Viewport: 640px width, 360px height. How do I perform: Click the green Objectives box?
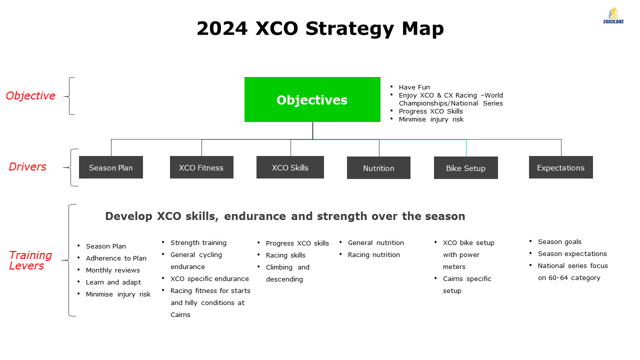click(312, 99)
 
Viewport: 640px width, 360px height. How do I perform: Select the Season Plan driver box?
click(111, 167)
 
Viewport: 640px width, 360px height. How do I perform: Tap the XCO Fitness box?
click(201, 167)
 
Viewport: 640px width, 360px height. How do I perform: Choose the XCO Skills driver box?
click(290, 167)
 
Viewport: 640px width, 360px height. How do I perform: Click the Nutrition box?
click(378, 168)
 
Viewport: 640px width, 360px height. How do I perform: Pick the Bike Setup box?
click(465, 168)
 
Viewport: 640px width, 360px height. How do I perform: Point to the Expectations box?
click(561, 167)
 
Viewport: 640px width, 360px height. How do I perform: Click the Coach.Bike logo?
click(613, 15)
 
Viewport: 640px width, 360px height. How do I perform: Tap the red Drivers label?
click(27, 167)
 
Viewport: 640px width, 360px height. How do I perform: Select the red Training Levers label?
click(30, 260)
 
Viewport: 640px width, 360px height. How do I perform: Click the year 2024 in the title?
click(222, 28)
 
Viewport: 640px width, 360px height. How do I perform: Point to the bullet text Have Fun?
click(414, 87)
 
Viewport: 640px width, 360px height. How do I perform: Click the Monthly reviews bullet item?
click(113, 270)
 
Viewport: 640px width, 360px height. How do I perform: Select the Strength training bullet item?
click(198, 243)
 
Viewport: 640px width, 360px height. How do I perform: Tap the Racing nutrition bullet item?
click(373, 255)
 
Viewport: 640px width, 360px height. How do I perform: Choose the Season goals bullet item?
click(559, 242)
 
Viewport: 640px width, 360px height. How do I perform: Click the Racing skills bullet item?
click(285, 255)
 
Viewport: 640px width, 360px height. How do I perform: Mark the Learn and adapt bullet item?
click(113, 282)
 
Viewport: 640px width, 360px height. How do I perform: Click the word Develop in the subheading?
click(128, 216)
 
